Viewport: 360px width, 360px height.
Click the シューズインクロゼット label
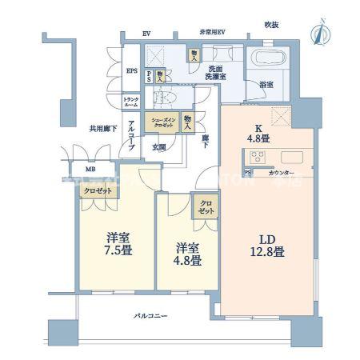(x=158, y=123)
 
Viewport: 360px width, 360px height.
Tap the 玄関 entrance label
(x=158, y=146)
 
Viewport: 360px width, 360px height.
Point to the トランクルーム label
(x=130, y=102)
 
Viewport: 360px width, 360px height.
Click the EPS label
(x=131, y=70)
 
